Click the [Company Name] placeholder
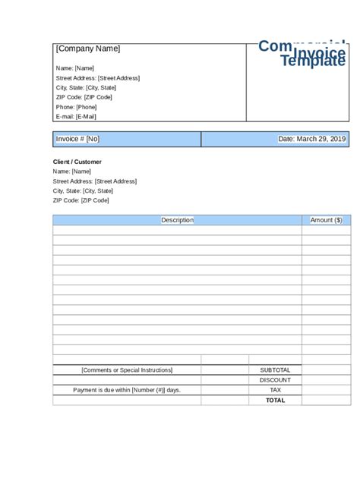pyautogui.click(x=88, y=49)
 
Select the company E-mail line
pyautogui.click(x=76, y=117)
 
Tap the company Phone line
pyautogui.click(x=76, y=107)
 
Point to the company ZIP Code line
pyautogui.click(x=84, y=97)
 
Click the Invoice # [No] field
pyautogui.click(x=77, y=139)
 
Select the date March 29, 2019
pyautogui.click(x=312, y=139)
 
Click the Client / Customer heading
pyautogui.click(x=77, y=162)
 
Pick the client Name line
pyautogui.click(x=71, y=171)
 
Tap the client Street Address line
pyautogui.click(x=94, y=181)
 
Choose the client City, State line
pyautogui.click(x=83, y=191)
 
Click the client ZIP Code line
pyautogui.click(x=81, y=200)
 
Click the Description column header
pyautogui.click(x=177, y=220)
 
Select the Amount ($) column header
pyautogui.click(x=327, y=220)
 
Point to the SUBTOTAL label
pyautogui.click(x=275, y=370)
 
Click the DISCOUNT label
pyautogui.click(x=275, y=380)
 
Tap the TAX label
pyautogui.click(x=275, y=390)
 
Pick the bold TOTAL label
pyautogui.click(x=275, y=400)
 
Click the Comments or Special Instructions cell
pyautogui.click(x=127, y=370)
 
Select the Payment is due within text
pyautogui.click(x=127, y=390)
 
